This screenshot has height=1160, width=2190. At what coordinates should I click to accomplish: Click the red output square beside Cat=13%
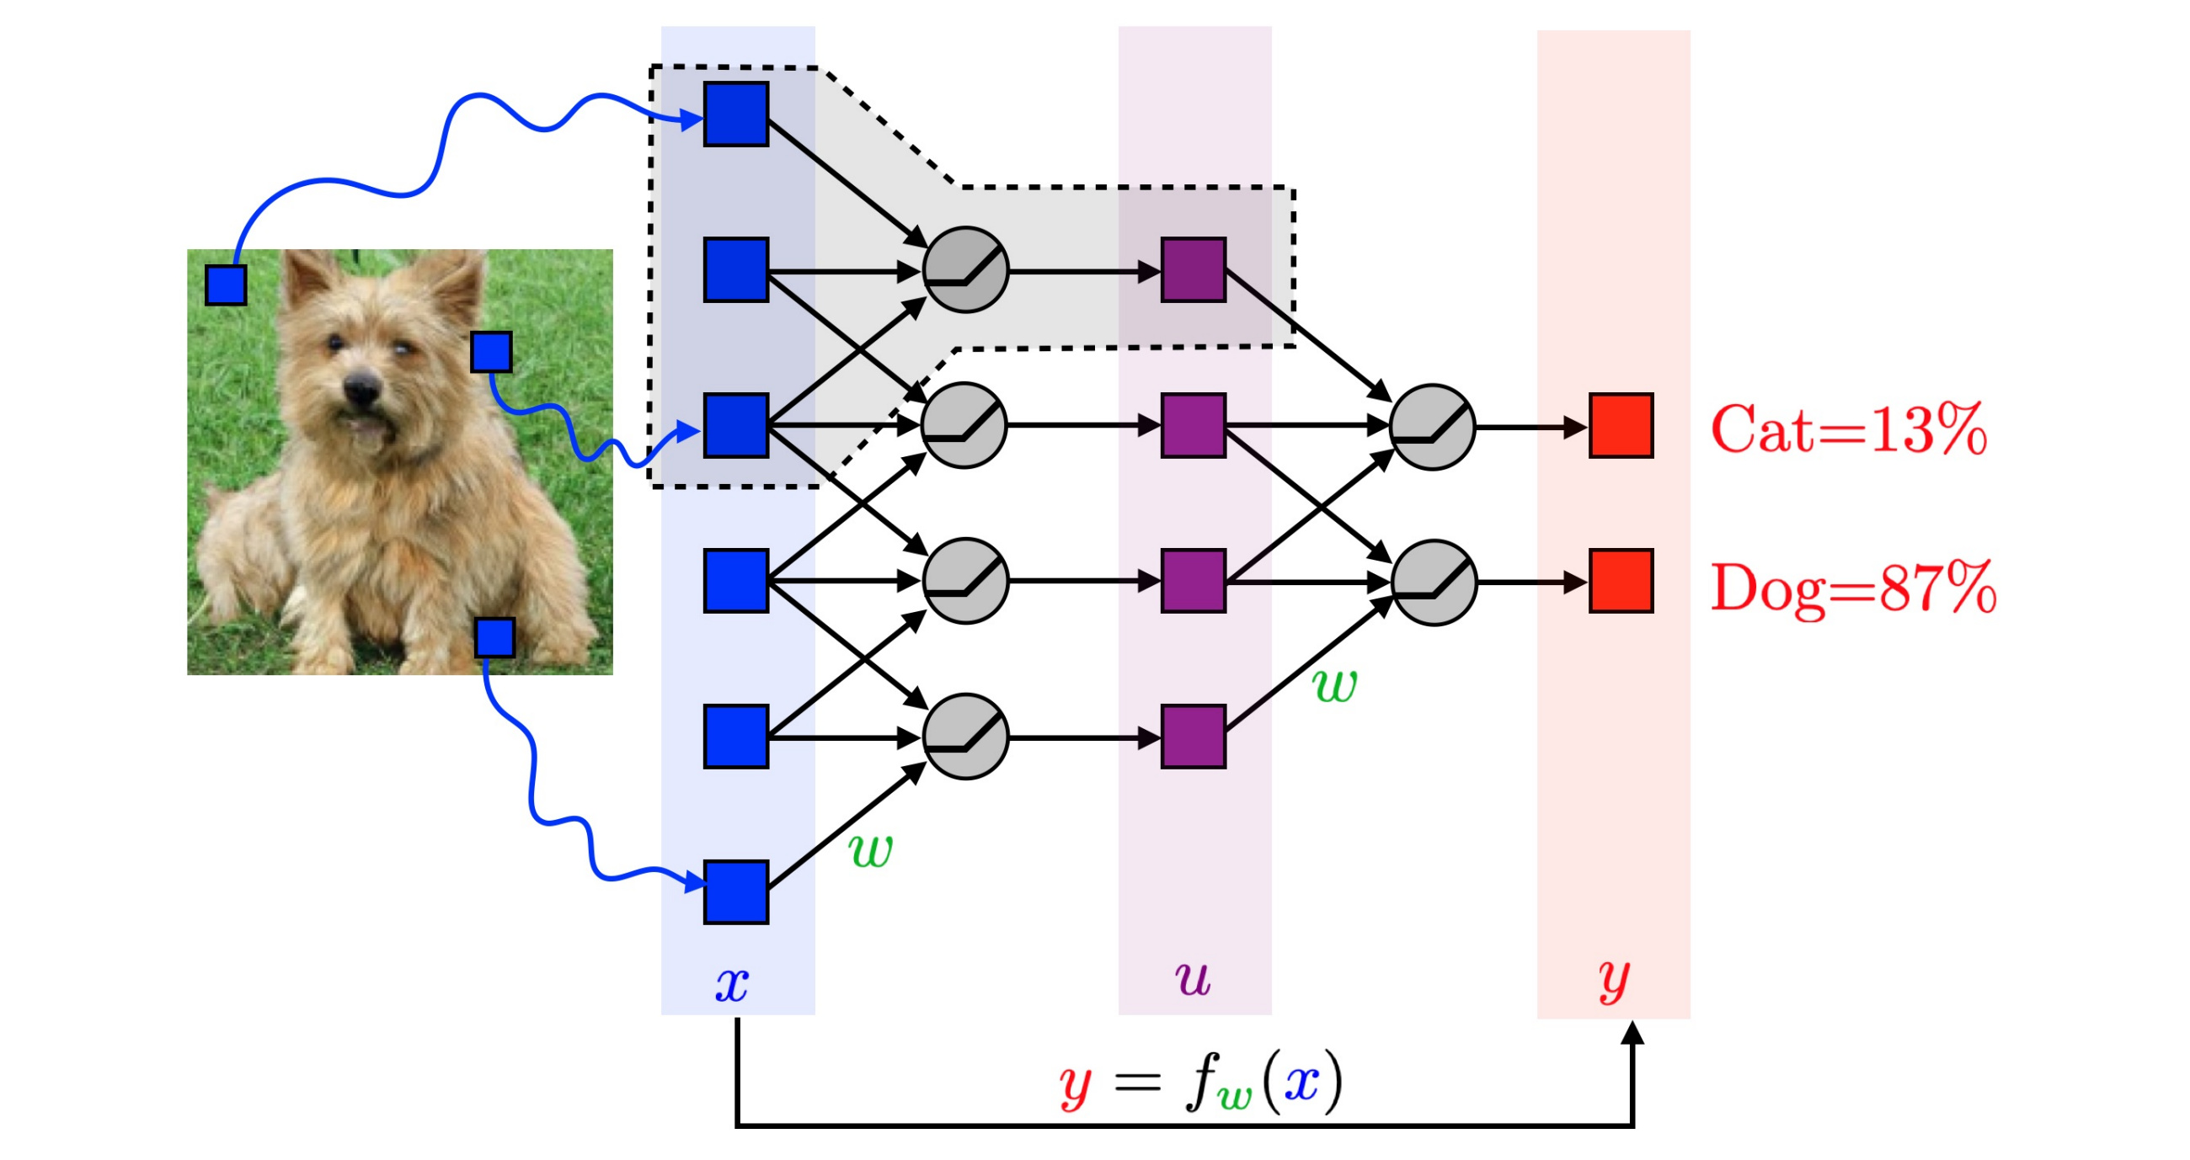pyautogui.click(x=1621, y=425)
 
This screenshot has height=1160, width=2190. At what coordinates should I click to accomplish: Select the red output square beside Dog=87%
pyautogui.click(x=1621, y=582)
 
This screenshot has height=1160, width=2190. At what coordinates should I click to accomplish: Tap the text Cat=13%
pyautogui.click(x=1848, y=429)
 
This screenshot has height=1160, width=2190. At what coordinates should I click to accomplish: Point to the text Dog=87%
pyautogui.click(x=1853, y=588)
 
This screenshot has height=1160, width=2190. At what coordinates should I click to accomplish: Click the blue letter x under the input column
pyautogui.click(x=731, y=984)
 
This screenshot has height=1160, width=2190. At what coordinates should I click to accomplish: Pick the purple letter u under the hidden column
pyautogui.click(x=1193, y=978)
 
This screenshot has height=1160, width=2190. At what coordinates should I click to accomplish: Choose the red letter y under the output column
pyautogui.click(x=1613, y=982)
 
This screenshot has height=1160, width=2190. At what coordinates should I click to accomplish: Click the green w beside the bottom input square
pyautogui.click(x=871, y=851)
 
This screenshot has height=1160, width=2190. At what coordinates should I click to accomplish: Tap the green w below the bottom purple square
pyautogui.click(x=1335, y=686)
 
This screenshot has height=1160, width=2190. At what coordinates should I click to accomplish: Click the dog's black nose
pyautogui.click(x=361, y=389)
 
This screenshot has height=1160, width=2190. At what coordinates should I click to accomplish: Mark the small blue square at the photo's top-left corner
pyautogui.click(x=226, y=284)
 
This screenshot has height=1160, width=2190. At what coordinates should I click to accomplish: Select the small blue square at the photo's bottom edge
pyautogui.click(x=494, y=637)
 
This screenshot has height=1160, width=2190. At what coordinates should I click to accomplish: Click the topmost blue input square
pyautogui.click(x=736, y=114)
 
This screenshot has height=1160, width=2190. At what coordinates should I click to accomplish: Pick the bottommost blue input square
pyautogui.click(x=736, y=891)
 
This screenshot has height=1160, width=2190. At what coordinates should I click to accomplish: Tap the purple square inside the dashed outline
pyautogui.click(x=1193, y=269)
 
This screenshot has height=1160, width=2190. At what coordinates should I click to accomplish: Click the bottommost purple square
pyautogui.click(x=1193, y=737)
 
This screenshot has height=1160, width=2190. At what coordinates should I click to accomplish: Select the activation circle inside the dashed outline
pyautogui.click(x=965, y=269)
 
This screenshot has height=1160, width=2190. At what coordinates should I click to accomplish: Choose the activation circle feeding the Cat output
pyautogui.click(x=1433, y=427)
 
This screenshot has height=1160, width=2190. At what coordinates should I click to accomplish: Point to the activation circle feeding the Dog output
pyautogui.click(x=1434, y=583)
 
